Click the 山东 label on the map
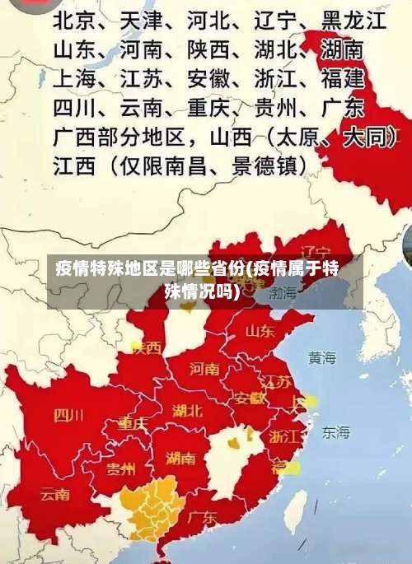pyautogui.click(x=259, y=331)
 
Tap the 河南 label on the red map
pyautogui.click(x=204, y=368)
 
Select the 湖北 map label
pyautogui.click(x=188, y=410)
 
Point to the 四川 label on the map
pyautogui.click(x=68, y=415)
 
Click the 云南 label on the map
pyautogui.click(x=54, y=495)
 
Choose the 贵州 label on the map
pyautogui.click(x=120, y=469)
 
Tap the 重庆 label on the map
pyautogui.click(x=132, y=423)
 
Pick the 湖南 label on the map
pyautogui.click(x=180, y=458)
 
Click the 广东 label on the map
pyautogui.click(x=202, y=518)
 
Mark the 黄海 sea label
pyautogui.click(x=322, y=357)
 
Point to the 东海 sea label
pyautogui.click(x=335, y=431)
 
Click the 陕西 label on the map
pyautogui.click(x=145, y=347)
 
